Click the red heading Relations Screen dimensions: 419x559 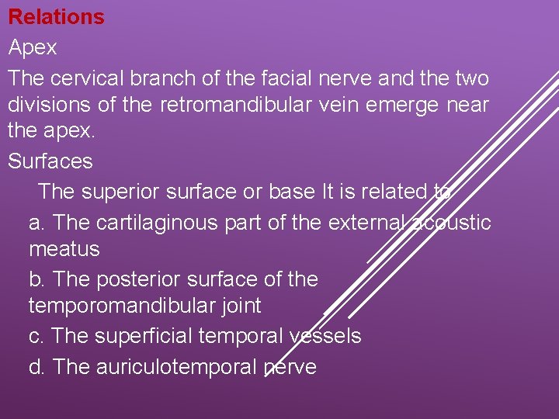click(56, 17)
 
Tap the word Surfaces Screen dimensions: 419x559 click(50, 161)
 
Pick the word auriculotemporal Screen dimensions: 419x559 click(176, 366)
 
